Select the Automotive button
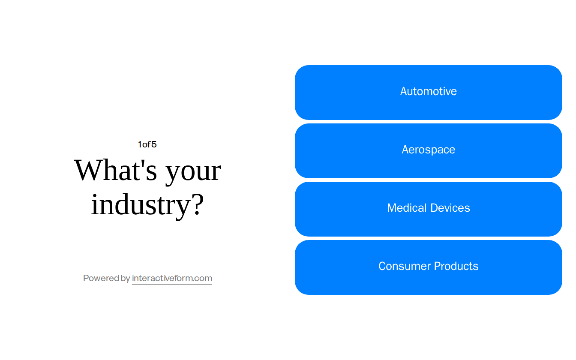click(x=428, y=93)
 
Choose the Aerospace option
click(x=428, y=151)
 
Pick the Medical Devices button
click(x=428, y=209)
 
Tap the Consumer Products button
click(x=428, y=267)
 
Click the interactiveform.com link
click(x=172, y=278)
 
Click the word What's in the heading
click(x=116, y=170)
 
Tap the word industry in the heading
click(x=140, y=204)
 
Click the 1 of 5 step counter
click(x=147, y=144)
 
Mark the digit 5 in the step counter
click(x=154, y=144)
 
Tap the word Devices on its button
click(x=450, y=208)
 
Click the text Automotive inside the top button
click(x=428, y=91)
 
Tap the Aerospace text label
click(x=428, y=150)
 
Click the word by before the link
click(x=126, y=279)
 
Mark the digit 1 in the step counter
click(x=140, y=144)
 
